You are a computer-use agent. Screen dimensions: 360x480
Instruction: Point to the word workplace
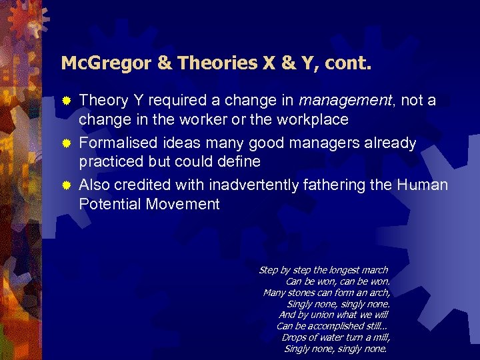(x=314, y=120)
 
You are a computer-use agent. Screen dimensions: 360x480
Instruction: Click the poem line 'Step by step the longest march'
(x=323, y=270)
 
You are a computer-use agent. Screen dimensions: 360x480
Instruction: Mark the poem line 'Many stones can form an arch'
(x=326, y=293)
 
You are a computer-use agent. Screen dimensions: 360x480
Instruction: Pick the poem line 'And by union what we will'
(x=333, y=315)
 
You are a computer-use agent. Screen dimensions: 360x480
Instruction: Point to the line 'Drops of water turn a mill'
(x=335, y=337)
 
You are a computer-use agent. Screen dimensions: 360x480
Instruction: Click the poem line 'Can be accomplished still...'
(x=331, y=326)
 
